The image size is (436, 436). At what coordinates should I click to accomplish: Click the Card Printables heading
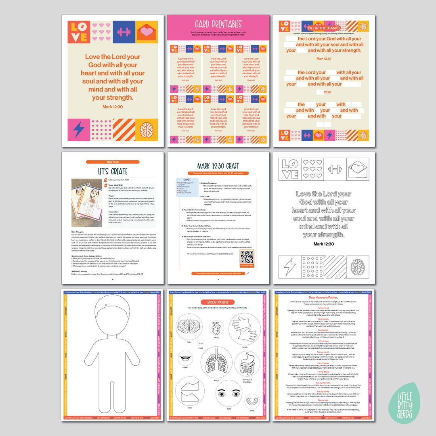pos(218,24)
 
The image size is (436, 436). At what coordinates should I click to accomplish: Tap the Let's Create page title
pos(113,171)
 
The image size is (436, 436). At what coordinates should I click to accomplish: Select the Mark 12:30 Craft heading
pos(218,166)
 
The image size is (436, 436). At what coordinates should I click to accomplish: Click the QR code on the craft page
pos(247,258)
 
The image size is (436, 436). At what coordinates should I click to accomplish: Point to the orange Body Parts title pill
pos(218,302)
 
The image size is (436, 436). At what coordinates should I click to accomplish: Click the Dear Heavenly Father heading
pos(323,297)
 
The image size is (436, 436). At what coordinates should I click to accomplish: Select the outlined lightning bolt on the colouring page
pos(290,267)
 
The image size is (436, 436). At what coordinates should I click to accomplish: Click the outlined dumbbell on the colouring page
pos(336,169)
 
